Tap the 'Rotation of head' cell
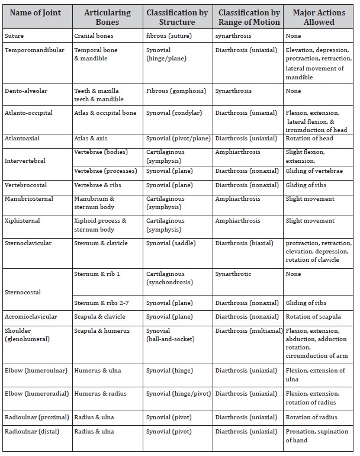[309, 139]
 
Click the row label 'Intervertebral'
[25, 160]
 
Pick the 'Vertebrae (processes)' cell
[105, 171]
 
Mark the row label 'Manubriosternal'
[28, 199]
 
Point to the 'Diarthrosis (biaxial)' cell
[245, 243]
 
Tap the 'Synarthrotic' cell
[233, 274]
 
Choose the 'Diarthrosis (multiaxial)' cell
[249, 330]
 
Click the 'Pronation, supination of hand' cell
[317, 436]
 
